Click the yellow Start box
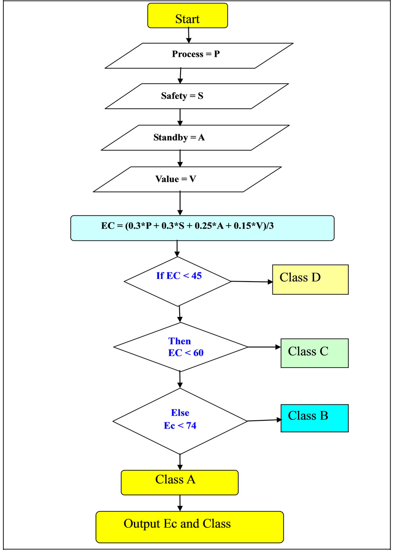tap(188, 16)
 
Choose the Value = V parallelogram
tap(187, 179)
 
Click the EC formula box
tap(202, 228)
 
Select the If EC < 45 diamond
tap(178, 281)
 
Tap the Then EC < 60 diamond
tap(181, 347)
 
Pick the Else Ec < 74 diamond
tap(180, 421)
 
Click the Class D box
tap(310, 279)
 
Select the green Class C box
tap(314, 353)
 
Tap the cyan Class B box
tap(314, 418)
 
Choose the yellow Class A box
tap(179, 482)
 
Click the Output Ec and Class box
tap(190, 527)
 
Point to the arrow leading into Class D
tap(251, 282)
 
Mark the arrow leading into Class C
tap(264, 347)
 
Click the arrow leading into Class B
tap(264, 420)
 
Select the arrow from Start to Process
tap(188, 35)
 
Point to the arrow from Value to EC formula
tap(180, 203)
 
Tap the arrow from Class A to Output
tap(180, 503)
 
